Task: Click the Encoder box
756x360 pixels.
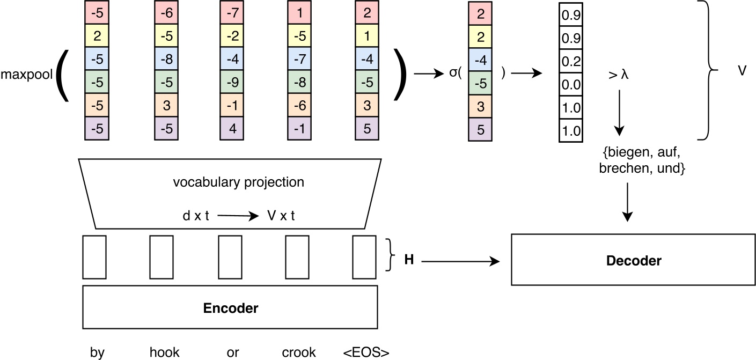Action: tap(230, 307)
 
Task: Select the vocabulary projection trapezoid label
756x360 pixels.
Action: tap(238, 182)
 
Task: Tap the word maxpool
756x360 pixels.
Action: tap(26, 75)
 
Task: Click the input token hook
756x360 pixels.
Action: tap(164, 352)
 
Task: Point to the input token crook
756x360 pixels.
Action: tap(299, 352)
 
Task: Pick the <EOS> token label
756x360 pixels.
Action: tap(366, 352)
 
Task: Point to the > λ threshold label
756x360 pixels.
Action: tap(618, 75)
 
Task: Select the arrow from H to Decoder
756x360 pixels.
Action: tap(460, 261)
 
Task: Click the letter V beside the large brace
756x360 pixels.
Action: tap(742, 70)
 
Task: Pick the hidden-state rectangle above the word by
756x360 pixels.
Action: tap(94, 257)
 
